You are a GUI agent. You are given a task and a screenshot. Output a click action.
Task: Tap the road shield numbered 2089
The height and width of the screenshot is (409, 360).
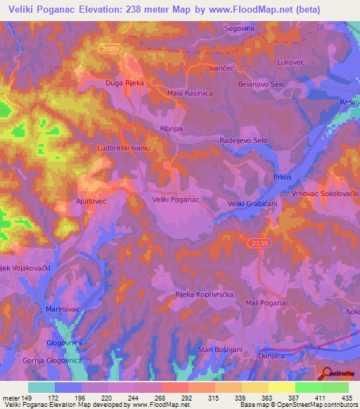tap(111, 48)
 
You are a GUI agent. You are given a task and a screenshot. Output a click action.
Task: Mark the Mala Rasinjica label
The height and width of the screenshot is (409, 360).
tap(190, 93)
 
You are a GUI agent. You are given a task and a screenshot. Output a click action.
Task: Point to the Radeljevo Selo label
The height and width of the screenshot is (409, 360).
tap(244, 141)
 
